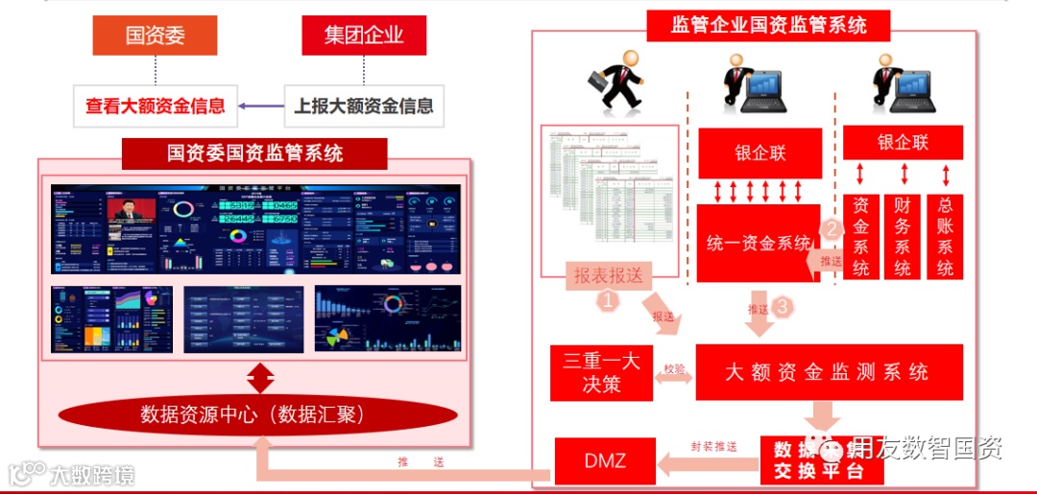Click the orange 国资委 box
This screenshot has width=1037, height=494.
[x=155, y=35]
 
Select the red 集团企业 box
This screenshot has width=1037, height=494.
[x=363, y=35]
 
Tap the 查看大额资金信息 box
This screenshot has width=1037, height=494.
[x=155, y=106]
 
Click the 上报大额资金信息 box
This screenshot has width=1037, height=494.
[x=363, y=106]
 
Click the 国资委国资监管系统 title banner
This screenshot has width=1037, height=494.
[x=254, y=153]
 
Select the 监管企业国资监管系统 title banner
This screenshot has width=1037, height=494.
[x=768, y=24]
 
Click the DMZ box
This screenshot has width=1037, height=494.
[x=605, y=460]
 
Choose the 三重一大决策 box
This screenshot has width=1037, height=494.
[x=601, y=372]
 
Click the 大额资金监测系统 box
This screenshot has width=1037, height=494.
[x=828, y=372]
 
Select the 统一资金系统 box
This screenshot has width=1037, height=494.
[x=758, y=243]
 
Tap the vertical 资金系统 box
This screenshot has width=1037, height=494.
[x=861, y=237]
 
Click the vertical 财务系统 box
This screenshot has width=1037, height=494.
[x=903, y=237]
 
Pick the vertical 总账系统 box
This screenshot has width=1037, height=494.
[x=945, y=237]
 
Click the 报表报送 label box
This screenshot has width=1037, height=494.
[x=608, y=275]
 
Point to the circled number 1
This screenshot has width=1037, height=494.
[x=609, y=300]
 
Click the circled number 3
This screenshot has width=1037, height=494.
[x=784, y=308]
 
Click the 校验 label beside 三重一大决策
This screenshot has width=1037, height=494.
[x=675, y=368]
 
